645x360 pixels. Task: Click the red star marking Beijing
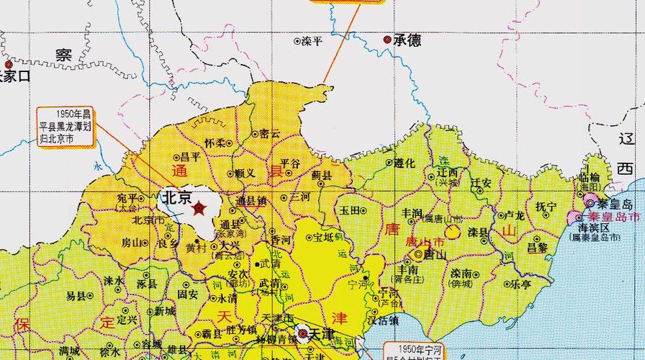click(199, 209)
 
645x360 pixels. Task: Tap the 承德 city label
click(407, 40)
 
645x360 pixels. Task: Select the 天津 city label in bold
click(323, 334)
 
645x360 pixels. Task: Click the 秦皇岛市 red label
click(614, 217)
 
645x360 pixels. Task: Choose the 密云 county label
click(270, 133)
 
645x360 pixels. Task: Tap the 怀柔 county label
click(215, 143)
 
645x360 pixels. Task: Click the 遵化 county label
click(405, 163)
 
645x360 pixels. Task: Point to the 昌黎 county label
click(538, 247)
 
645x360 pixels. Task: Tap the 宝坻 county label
click(322, 237)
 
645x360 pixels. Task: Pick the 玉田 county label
click(350, 210)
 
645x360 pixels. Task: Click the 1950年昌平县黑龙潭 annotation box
click(66, 125)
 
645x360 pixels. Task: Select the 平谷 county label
click(289, 163)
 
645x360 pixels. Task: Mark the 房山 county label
click(131, 242)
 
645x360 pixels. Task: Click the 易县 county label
click(76, 296)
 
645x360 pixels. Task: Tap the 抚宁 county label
click(546, 207)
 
